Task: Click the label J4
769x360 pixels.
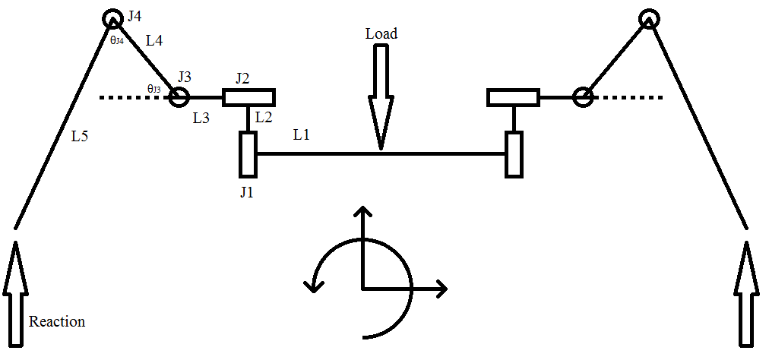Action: click(134, 16)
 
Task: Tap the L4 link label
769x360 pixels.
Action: click(154, 40)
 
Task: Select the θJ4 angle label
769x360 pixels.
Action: click(116, 41)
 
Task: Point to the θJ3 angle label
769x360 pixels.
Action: click(153, 88)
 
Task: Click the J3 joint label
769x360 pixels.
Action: click(185, 77)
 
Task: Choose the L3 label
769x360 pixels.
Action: click(201, 118)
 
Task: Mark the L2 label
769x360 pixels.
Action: click(264, 117)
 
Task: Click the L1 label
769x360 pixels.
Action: click(302, 135)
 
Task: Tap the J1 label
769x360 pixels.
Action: click(246, 192)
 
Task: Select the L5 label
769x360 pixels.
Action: click(80, 137)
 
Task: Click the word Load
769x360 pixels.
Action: click(381, 33)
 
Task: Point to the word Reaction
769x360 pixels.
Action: click(57, 322)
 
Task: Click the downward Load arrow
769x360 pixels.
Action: click(381, 96)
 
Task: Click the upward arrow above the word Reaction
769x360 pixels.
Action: click(16, 294)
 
